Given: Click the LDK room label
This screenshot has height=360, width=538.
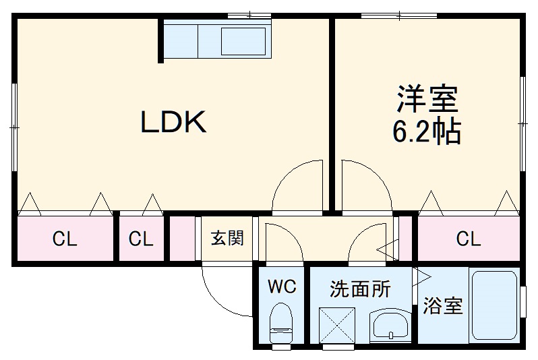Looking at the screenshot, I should click(x=173, y=121).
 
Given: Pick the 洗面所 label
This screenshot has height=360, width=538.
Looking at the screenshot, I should click(x=360, y=289).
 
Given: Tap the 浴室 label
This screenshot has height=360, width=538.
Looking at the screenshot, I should click(x=443, y=306).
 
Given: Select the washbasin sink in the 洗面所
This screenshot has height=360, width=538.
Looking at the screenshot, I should click(x=390, y=326).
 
